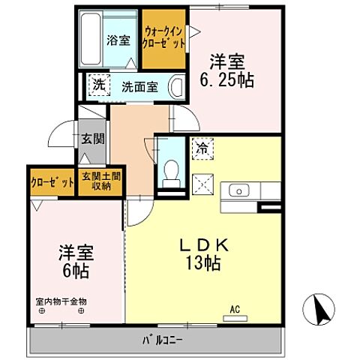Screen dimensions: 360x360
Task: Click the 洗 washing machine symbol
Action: pos(97,85)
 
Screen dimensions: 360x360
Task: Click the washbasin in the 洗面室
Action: pos(176,85)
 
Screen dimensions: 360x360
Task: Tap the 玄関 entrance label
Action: pos(93,138)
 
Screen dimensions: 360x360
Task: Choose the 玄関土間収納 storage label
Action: pos(100,181)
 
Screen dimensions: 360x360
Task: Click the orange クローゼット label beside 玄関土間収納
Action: pos(52,181)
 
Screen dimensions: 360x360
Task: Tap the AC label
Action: pos(234,308)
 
